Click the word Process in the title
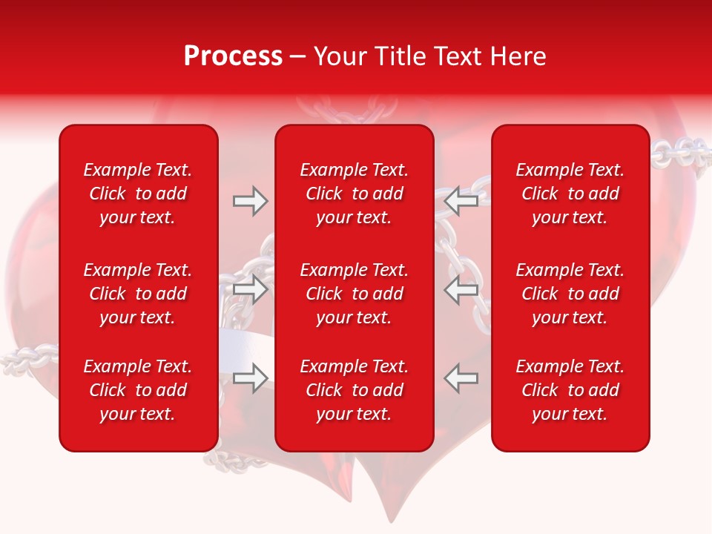[233, 56]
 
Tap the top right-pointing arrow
[250, 201]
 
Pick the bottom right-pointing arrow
[250, 378]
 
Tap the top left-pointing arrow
[461, 201]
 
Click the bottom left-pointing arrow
[461, 378]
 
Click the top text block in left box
[138, 194]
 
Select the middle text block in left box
[138, 294]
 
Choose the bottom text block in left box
[138, 390]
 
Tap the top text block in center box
[354, 194]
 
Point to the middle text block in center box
[354, 294]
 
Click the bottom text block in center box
[354, 390]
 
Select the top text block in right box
[570, 194]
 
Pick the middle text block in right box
[570, 294]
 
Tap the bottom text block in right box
[570, 390]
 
